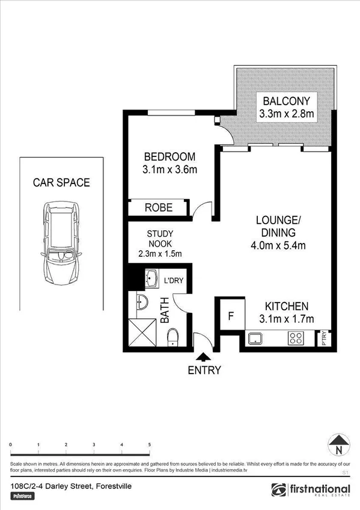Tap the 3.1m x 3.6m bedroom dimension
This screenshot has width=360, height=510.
[x=170, y=170]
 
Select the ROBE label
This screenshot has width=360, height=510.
[x=159, y=208]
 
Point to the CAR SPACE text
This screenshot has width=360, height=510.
[x=61, y=182]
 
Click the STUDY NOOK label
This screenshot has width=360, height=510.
[x=160, y=239]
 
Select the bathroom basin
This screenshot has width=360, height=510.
[x=141, y=303]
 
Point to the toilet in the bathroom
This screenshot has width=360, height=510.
[x=172, y=337]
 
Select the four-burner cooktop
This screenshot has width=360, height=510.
[x=295, y=339]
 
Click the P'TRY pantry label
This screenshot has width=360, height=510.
[x=325, y=338]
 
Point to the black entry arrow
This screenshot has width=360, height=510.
[x=206, y=357]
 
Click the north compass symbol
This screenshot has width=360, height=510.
[x=340, y=446]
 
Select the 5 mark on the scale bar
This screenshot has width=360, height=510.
[x=149, y=444]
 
